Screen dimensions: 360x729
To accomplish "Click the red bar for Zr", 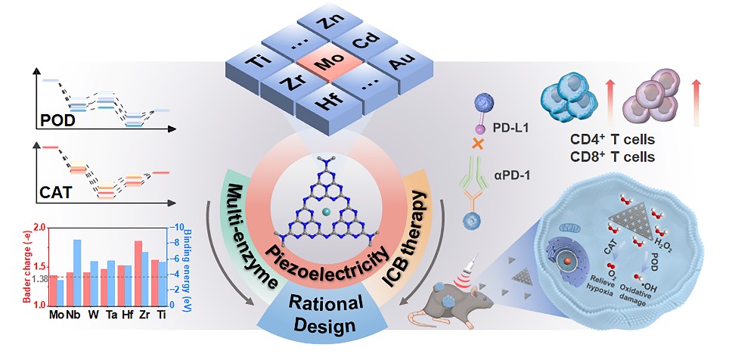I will [138, 273].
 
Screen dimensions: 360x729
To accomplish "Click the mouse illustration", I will [461, 303].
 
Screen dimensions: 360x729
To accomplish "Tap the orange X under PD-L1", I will [478, 142].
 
